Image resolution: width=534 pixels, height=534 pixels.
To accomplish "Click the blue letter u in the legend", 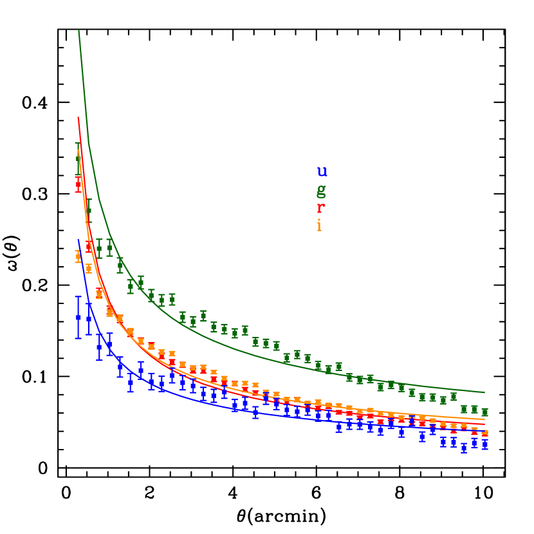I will (x=322, y=171).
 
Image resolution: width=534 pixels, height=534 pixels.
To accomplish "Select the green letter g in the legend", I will (x=321, y=190).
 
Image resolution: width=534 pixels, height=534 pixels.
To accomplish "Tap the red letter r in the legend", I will (x=320, y=208).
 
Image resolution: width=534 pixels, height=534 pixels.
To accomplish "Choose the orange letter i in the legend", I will (x=319, y=225).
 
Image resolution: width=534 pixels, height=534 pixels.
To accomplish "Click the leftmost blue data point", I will (x=78, y=318).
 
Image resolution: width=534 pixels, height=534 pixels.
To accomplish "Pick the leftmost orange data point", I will (x=78, y=256).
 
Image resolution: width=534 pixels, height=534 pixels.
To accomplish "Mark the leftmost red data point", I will (x=78, y=184).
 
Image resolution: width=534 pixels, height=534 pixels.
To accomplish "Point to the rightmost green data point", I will (x=485, y=412).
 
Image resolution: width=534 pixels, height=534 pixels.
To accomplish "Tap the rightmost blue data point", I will (x=485, y=444).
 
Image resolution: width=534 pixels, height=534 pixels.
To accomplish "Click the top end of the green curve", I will (x=78, y=30).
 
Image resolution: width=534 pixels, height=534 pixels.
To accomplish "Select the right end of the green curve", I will (x=484, y=392).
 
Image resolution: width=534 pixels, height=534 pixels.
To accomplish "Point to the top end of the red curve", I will (x=78, y=118).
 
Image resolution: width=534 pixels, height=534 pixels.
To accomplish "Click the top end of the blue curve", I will (x=78, y=240).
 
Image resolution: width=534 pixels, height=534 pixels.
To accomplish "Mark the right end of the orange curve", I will (x=484, y=419).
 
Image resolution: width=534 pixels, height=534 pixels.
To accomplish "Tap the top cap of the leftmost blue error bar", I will (x=78, y=297).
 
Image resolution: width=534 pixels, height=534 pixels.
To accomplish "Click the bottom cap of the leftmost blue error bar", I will (x=78, y=338).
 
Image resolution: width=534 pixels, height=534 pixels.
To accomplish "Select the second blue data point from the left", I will (x=89, y=318).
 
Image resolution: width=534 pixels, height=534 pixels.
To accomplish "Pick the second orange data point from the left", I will (x=89, y=269).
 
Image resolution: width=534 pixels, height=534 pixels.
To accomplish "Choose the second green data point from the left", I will (x=89, y=210).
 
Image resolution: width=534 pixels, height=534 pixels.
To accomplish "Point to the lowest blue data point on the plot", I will (x=464, y=447).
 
